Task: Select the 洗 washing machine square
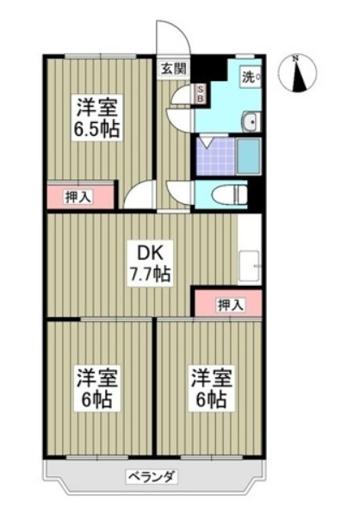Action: (251, 77)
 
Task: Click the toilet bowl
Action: (228, 193)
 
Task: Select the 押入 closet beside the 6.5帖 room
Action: (78, 196)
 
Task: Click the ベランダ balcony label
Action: (152, 476)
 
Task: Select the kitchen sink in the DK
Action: (249, 266)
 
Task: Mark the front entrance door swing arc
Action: (170, 34)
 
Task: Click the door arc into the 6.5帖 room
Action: (138, 196)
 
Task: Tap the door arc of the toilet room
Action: (178, 191)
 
